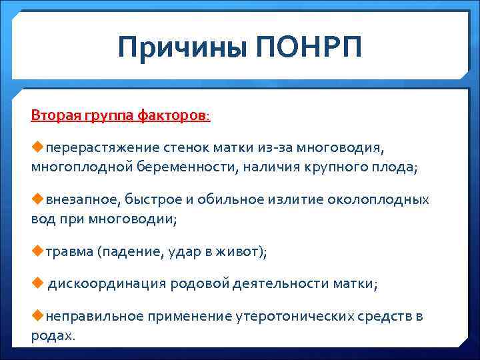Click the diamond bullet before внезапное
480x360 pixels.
(x=37, y=199)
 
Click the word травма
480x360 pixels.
(x=70, y=251)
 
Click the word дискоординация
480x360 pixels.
(x=105, y=284)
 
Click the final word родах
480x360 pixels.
(x=52, y=335)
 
